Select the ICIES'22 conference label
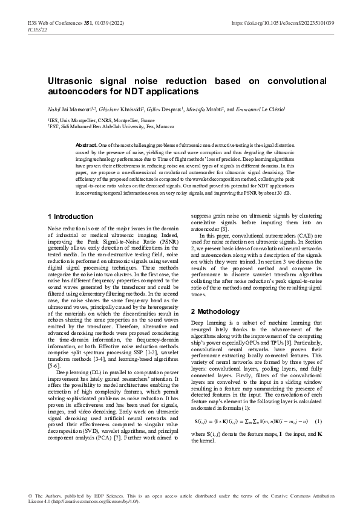click(x=38, y=30)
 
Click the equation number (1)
click(x=318, y=404)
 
